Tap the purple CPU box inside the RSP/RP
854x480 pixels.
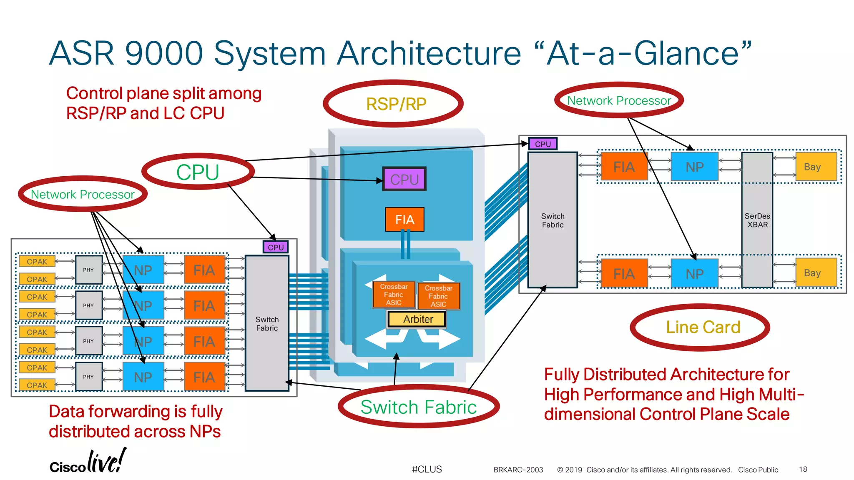coord(404,179)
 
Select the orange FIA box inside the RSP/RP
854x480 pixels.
coord(404,220)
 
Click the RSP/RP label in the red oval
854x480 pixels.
coord(396,104)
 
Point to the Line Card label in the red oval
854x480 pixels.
coord(703,327)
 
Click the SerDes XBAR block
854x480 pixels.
coord(757,220)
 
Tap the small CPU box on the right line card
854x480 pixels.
coord(543,144)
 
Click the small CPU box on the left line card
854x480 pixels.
coord(275,247)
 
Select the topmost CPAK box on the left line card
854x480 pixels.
coord(37,262)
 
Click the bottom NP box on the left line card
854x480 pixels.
coord(143,377)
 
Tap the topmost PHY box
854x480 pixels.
coord(88,270)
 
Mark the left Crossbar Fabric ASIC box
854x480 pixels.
coord(394,295)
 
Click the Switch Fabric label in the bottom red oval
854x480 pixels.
coord(418,407)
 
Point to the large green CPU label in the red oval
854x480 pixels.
coord(198,172)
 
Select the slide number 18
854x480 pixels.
coord(803,469)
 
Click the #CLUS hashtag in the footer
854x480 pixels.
coord(427,469)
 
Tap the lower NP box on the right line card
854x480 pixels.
coord(694,274)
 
